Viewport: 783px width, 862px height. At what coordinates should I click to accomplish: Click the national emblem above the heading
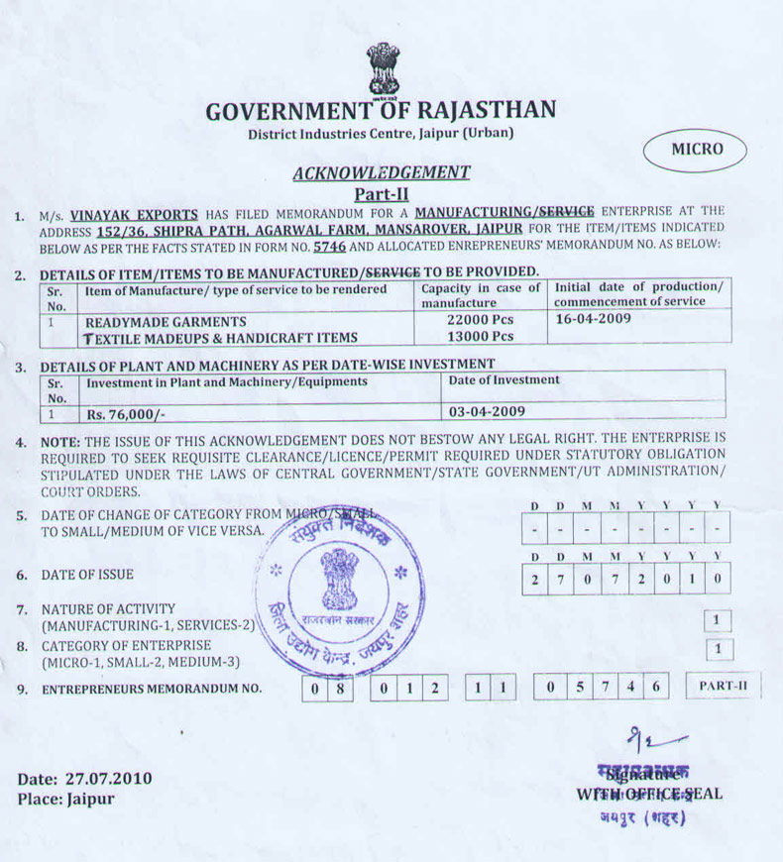click(383, 68)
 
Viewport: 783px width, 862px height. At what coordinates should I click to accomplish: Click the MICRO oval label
click(697, 151)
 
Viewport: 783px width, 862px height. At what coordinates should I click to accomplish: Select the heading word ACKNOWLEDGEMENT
click(382, 173)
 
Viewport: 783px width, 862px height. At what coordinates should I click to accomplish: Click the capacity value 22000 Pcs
click(481, 321)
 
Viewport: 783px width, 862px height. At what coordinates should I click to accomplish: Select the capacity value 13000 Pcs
click(481, 337)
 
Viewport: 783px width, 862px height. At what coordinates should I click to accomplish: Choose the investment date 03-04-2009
click(487, 411)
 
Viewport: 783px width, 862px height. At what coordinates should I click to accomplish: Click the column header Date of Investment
click(504, 380)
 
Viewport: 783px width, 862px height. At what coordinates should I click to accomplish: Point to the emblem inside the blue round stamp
click(340, 585)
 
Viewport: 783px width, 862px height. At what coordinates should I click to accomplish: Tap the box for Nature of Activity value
click(718, 621)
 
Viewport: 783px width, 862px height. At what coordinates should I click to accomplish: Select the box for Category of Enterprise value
click(718, 650)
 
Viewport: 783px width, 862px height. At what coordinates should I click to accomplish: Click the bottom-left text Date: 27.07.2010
click(85, 778)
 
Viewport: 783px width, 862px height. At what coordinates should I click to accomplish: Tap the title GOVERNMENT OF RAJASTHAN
click(381, 111)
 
